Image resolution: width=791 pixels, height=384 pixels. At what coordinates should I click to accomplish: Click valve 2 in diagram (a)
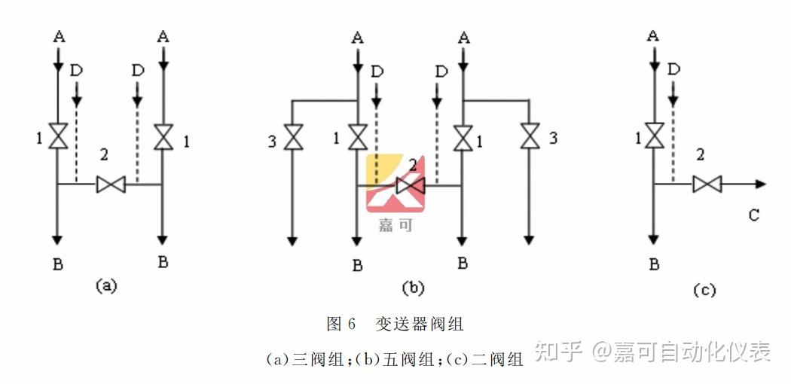(x=111, y=184)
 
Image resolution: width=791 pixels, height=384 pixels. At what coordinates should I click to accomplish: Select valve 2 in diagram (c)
(x=707, y=184)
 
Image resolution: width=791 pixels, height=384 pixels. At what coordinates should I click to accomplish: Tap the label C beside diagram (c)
(x=754, y=216)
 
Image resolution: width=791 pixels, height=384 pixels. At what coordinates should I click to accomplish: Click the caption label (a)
(x=106, y=285)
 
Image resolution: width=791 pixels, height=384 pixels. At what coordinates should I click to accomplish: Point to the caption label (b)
(x=413, y=287)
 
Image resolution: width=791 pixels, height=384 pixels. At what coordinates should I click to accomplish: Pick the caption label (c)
(x=703, y=290)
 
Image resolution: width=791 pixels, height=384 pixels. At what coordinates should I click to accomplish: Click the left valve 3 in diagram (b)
(x=293, y=138)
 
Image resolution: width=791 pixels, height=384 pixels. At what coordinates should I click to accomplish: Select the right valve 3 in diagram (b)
(x=530, y=137)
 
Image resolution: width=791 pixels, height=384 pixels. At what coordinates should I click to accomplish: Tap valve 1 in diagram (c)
(x=654, y=136)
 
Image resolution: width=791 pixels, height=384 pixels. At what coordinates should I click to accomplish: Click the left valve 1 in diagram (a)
(x=58, y=136)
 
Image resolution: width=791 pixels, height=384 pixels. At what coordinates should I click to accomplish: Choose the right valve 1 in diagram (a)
(x=163, y=136)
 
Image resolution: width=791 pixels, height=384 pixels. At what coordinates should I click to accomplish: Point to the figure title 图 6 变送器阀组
(x=395, y=325)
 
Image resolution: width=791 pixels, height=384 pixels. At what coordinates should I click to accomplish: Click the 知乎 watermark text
(x=559, y=351)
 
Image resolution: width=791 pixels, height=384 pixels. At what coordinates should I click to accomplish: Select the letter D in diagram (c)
(x=673, y=69)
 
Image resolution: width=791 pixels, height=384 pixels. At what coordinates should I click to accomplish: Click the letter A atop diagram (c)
(x=653, y=35)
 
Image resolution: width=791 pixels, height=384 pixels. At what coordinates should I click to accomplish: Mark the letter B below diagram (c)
(x=654, y=264)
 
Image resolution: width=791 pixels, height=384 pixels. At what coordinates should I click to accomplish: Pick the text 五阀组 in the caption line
(x=411, y=359)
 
